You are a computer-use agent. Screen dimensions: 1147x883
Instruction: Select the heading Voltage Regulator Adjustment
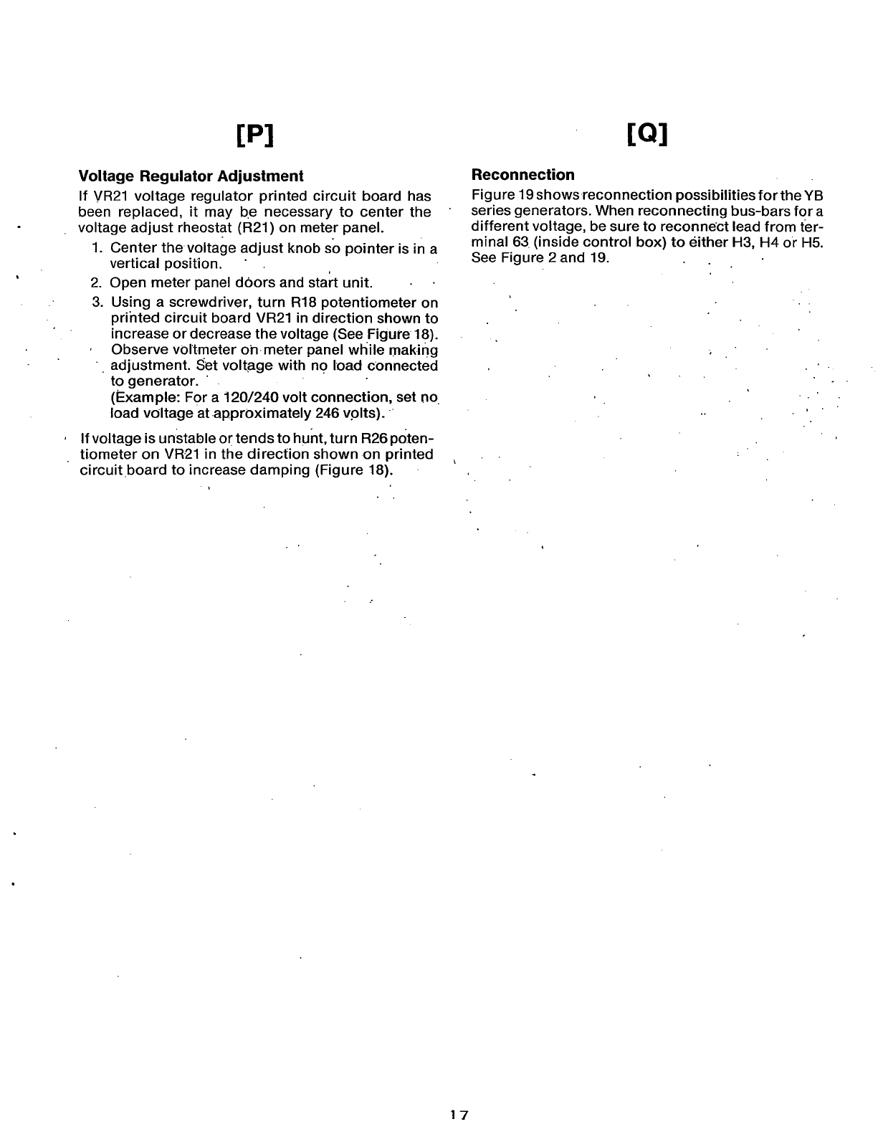pos(191,176)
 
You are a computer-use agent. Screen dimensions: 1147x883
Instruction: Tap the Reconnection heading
pos(522,175)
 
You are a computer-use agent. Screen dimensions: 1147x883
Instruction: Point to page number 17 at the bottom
pos(459,1115)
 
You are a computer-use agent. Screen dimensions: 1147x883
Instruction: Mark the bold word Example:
pos(141,398)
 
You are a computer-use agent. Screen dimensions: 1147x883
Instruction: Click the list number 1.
pos(97,248)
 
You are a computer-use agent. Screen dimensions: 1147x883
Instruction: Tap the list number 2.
pos(97,282)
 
